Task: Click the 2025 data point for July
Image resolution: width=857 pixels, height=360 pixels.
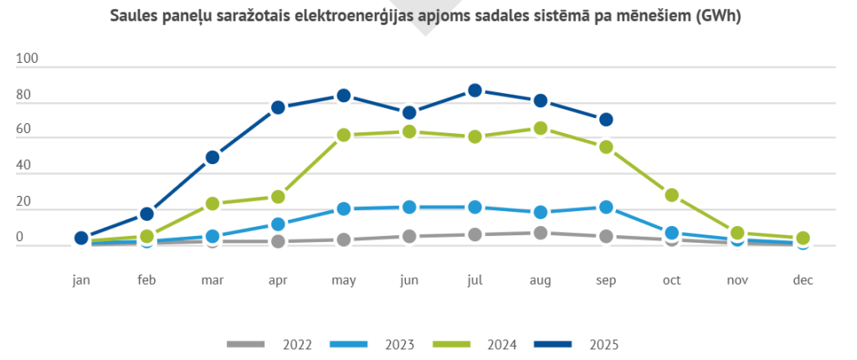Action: pyautogui.click(x=475, y=90)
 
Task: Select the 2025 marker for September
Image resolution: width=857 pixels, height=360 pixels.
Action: pyautogui.click(x=606, y=120)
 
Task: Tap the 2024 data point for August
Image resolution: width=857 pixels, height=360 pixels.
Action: pyautogui.click(x=541, y=128)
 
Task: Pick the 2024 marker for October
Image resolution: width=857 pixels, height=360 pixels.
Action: pyautogui.click(x=671, y=195)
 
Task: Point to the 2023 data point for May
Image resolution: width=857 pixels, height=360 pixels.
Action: pyautogui.click(x=343, y=209)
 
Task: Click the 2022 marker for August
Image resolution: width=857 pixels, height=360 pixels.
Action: pyautogui.click(x=541, y=233)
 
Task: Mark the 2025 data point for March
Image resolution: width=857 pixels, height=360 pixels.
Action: pyautogui.click(x=212, y=157)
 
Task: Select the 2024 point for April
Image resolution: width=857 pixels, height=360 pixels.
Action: pyautogui.click(x=278, y=197)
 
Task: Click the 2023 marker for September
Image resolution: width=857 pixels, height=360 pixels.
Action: pyautogui.click(x=606, y=207)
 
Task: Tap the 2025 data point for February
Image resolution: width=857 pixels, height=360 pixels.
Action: pyautogui.click(x=146, y=214)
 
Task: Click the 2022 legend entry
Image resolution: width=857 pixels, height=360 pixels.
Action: pyautogui.click(x=269, y=344)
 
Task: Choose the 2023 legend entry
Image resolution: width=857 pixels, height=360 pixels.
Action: pyautogui.click(x=372, y=344)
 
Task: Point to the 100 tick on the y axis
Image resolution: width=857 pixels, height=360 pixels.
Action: pyautogui.click(x=28, y=59)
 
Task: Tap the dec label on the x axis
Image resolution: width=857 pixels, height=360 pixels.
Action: pyautogui.click(x=803, y=280)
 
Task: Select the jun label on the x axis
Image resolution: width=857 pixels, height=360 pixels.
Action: pyautogui.click(x=409, y=280)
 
